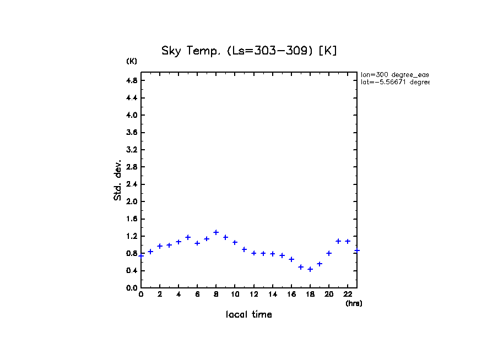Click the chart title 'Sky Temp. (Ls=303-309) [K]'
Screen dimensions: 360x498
(248, 51)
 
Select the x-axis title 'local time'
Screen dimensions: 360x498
(248, 315)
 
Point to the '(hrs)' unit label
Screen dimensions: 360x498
(354, 303)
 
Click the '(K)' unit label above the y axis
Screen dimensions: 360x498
(132, 61)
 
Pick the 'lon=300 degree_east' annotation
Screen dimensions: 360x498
(394, 74)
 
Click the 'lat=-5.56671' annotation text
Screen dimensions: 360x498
(394, 82)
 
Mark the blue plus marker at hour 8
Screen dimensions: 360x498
(216, 232)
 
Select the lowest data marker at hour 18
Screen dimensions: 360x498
(310, 269)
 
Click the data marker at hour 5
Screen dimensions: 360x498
(188, 237)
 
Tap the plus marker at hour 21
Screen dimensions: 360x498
(338, 241)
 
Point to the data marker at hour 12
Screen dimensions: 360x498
(254, 253)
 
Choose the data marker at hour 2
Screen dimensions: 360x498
(160, 246)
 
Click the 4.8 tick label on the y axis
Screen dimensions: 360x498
(132, 80)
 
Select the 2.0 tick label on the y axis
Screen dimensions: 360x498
(132, 201)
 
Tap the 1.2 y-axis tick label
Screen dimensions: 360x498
(132, 236)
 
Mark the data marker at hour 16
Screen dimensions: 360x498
(291, 259)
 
